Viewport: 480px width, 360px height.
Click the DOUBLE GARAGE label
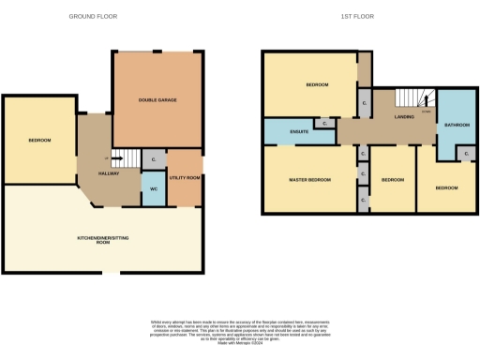tap(157, 99)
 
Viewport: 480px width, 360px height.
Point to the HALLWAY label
tap(109, 173)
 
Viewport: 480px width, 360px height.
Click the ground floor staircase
tap(126, 162)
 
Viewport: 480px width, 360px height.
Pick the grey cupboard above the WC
tap(154, 161)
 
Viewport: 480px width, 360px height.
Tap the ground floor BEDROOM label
tap(39, 141)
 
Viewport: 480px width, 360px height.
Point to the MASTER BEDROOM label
tap(309, 179)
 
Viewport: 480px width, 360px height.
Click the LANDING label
tap(404, 117)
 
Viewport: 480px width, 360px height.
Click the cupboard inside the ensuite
tap(323, 123)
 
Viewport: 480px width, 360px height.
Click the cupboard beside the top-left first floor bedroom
tap(364, 102)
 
